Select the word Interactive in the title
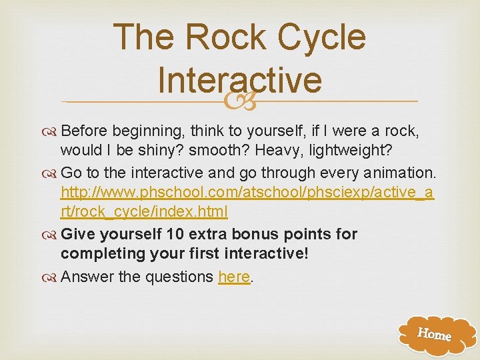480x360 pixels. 240,79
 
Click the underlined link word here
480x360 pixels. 234,276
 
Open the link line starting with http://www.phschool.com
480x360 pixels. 247,193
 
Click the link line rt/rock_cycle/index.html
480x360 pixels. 144,212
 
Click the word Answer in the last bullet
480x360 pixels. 87,276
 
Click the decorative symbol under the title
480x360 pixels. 240,101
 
